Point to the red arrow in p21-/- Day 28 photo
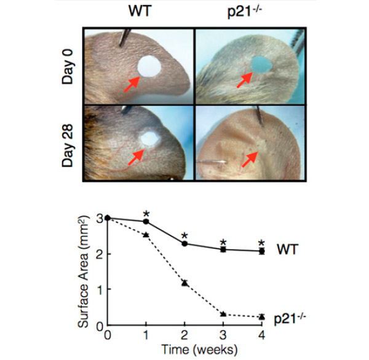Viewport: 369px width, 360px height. [248, 160]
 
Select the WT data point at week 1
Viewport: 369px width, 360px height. [146, 221]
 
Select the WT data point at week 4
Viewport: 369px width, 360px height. [261, 251]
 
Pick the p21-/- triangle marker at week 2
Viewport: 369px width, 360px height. [184, 283]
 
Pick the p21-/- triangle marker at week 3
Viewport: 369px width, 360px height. [223, 314]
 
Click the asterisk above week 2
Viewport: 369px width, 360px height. [184, 237]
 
